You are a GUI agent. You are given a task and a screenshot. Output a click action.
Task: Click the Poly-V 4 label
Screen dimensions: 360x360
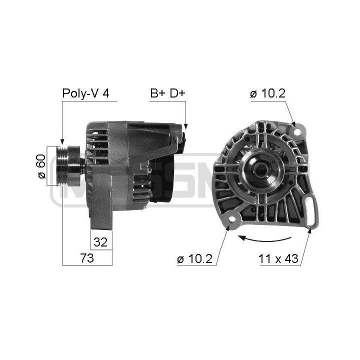[x=85, y=93]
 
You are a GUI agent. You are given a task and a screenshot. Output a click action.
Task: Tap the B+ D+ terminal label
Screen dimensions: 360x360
[x=167, y=93]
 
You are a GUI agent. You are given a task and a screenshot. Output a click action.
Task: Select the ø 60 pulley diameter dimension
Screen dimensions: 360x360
[x=41, y=166]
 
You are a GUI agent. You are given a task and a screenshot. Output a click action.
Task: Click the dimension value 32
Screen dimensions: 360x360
[x=100, y=242]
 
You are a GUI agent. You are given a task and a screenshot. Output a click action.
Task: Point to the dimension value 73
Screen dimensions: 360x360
[x=87, y=258]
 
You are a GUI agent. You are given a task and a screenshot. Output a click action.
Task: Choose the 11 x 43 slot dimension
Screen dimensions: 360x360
[x=278, y=258]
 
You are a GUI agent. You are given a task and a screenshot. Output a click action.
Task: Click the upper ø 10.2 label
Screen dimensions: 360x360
[x=267, y=93]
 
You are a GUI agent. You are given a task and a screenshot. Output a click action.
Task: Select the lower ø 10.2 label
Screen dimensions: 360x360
[x=194, y=259]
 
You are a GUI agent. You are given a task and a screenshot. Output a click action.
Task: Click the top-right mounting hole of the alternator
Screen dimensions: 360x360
[x=297, y=132]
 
